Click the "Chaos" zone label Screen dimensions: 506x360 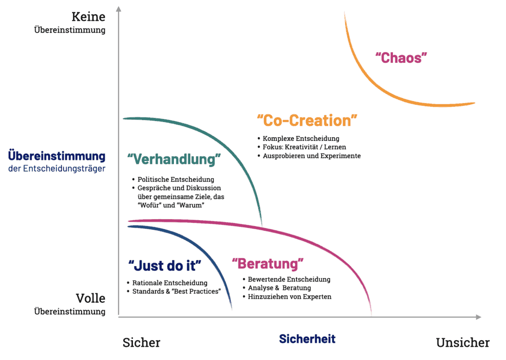401,58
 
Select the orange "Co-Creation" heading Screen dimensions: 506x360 307,120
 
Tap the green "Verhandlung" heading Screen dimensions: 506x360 174,160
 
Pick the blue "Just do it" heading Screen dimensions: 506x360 165,266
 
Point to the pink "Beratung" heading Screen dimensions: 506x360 268,264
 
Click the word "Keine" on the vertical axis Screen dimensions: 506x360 88,17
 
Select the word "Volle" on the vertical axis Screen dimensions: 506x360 91,298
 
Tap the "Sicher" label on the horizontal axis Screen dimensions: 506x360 141,343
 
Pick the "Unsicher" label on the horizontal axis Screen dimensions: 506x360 463,343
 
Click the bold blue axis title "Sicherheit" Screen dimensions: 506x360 307,339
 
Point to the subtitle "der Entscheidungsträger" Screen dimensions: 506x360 57,169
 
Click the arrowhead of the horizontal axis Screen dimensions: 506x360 479,317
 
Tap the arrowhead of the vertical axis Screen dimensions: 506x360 119,9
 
